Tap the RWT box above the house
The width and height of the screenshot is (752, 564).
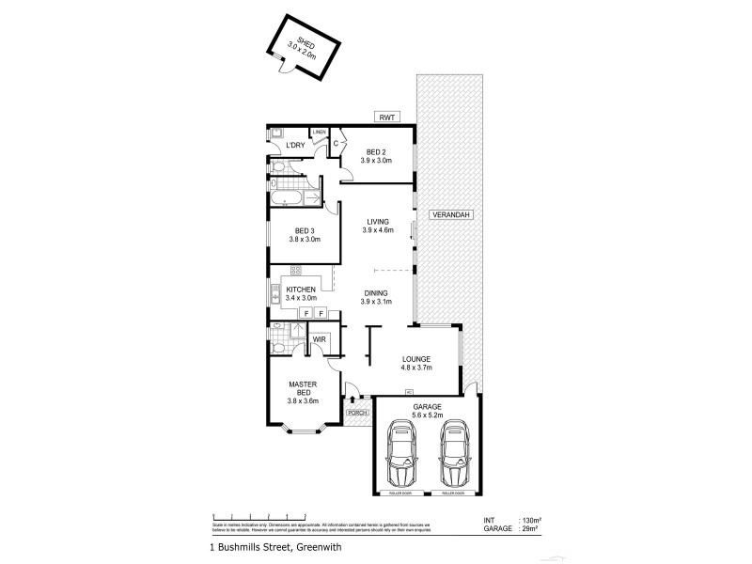(385, 117)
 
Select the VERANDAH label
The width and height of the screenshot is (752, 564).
(449, 215)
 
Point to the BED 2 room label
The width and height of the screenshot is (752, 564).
(375, 151)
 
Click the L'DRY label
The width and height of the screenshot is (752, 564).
(294, 145)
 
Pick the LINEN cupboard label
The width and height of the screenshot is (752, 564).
(320, 132)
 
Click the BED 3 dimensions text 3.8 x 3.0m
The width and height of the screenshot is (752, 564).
(304, 240)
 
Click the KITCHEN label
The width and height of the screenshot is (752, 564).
(301, 290)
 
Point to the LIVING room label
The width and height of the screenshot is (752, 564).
(377, 222)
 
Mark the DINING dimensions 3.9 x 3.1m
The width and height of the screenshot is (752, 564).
(377, 301)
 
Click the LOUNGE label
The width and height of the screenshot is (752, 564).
(415, 358)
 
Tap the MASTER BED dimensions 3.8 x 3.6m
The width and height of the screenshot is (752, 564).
(304, 401)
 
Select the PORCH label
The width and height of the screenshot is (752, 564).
(356, 412)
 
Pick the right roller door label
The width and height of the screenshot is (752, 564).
(453, 492)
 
